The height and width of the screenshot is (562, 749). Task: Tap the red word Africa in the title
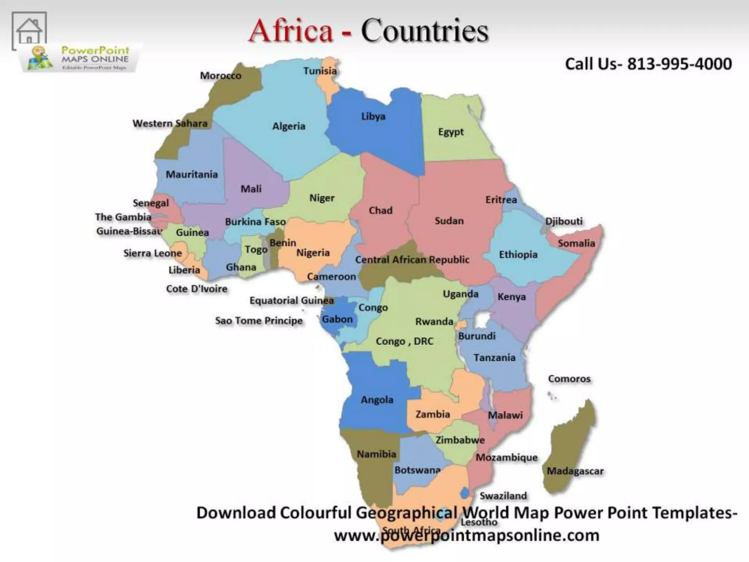tap(291, 31)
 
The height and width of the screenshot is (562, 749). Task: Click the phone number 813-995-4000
tap(680, 64)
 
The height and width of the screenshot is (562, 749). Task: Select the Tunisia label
tap(320, 71)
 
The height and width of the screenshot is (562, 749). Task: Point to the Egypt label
tap(451, 132)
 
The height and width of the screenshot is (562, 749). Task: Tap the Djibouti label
tap(564, 221)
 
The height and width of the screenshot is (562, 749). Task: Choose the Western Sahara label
tap(170, 123)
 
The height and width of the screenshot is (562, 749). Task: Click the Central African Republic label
tap(412, 260)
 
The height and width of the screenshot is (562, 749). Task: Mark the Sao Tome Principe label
tap(259, 321)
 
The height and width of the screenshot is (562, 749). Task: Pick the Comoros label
tap(569, 379)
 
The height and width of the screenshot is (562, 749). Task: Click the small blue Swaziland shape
tap(465, 493)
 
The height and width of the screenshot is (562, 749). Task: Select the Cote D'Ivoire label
tap(196, 289)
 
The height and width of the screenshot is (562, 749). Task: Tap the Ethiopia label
tap(518, 255)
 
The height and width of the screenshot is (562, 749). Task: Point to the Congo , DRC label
tap(404, 341)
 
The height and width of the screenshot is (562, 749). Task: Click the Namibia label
tap(376, 454)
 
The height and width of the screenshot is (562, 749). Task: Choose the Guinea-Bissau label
tap(129, 232)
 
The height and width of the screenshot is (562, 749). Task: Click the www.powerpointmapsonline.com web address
tap(467, 536)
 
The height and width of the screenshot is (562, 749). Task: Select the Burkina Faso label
tap(255, 222)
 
